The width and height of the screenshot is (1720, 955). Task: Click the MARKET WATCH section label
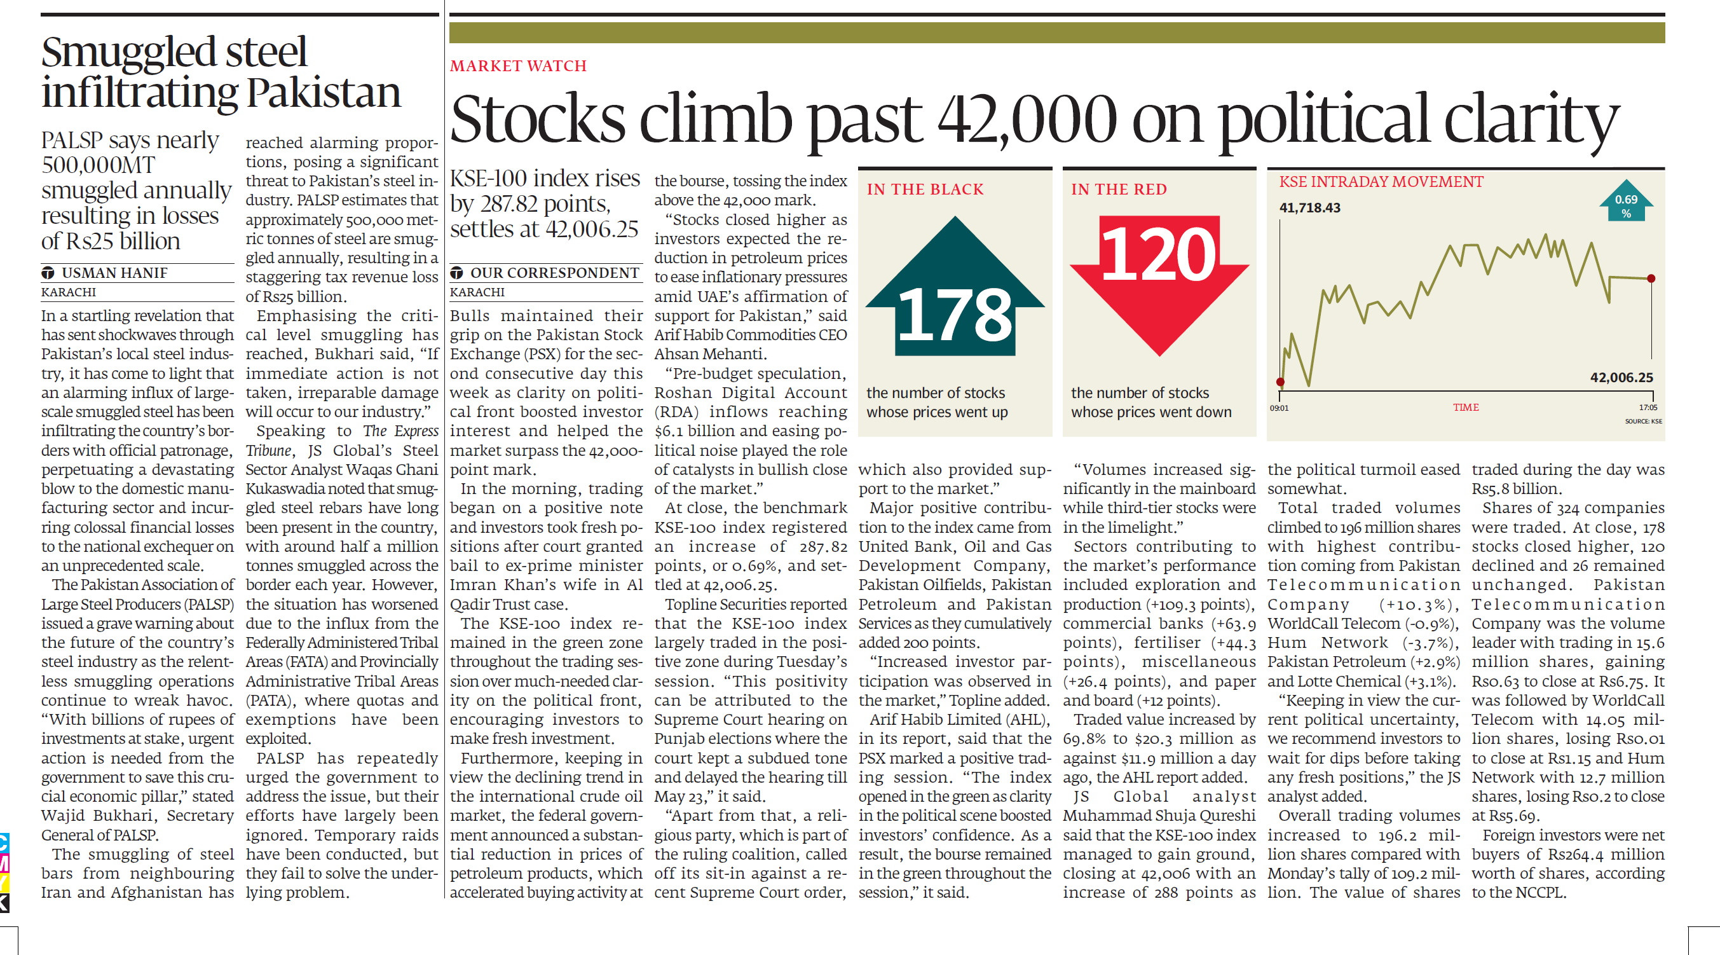pos(518,66)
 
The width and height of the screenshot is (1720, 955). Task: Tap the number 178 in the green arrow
pos(955,315)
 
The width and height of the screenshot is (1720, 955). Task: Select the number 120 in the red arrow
pos(1159,254)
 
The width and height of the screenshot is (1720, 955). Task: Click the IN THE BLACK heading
pos(925,189)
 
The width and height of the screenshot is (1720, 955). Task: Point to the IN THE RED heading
pos(1119,189)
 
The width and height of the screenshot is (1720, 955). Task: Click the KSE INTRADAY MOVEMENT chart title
pos(1381,182)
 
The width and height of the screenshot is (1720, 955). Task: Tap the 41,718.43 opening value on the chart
pos(1309,208)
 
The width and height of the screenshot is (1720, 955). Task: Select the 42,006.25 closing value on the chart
pos(1621,377)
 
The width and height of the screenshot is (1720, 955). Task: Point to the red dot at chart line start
pos(1280,382)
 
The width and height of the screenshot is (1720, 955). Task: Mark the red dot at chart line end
pos(1651,278)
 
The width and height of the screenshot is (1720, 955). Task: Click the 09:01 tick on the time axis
pos(1280,408)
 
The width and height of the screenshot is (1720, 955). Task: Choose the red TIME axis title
pos(1466,408)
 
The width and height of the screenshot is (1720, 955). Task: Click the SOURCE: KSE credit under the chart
pos(1643,422)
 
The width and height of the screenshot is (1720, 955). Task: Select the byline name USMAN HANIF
pos(114,273)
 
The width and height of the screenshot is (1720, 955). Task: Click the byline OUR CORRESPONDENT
pos(554,273)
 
